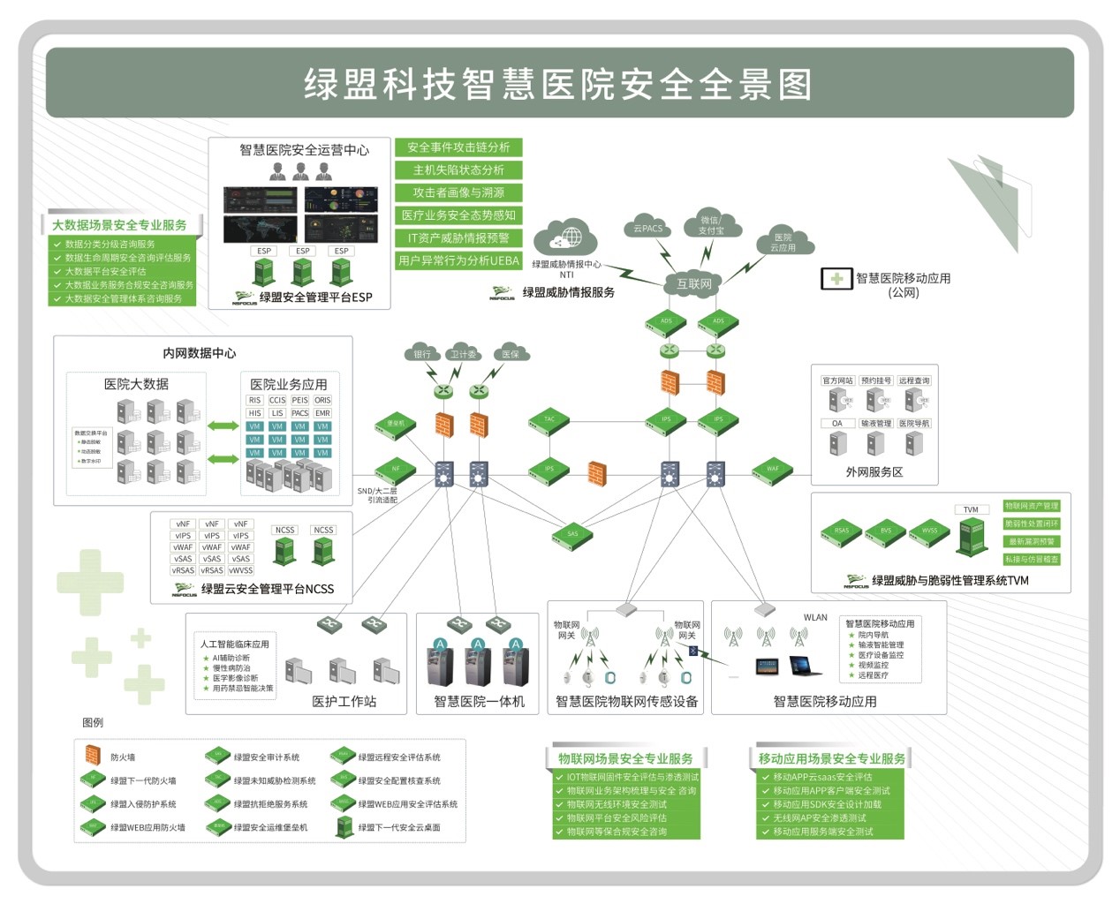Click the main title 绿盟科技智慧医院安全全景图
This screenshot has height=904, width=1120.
(x=558, y=84)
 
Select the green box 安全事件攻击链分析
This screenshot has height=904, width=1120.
(x=458, y=147)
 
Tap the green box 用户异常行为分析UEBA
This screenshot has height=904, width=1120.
(x=458, y=260)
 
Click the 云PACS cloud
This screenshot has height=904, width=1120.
(x=647, y=228)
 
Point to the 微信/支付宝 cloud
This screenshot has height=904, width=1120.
(x=710, y=225)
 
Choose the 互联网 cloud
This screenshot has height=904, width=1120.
(x=693, y=283)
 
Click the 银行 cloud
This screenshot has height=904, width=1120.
(x=423, y=354)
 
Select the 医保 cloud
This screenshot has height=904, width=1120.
(x=511, y=354)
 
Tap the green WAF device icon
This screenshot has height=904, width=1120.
(x=773, y=469)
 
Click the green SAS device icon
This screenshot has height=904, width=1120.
(x=572, y=534)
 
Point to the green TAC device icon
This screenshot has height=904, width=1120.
(x=549, y=420)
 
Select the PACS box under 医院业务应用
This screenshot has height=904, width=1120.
(x=300, y=413)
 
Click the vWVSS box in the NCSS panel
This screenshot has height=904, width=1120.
(x=240, y=570)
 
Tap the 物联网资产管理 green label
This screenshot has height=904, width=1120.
(x=1031, y=506)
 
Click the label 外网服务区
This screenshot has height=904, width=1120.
(x=874, y=472)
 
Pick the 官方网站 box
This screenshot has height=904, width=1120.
(x=837, y=380)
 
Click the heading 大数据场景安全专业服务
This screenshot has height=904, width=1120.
(x=119, y=225)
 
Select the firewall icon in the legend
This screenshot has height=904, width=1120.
(x=93, y=756)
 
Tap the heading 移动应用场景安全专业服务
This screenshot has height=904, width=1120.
(x=831, y=758)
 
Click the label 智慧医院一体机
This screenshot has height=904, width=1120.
(x=479, y=701)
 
